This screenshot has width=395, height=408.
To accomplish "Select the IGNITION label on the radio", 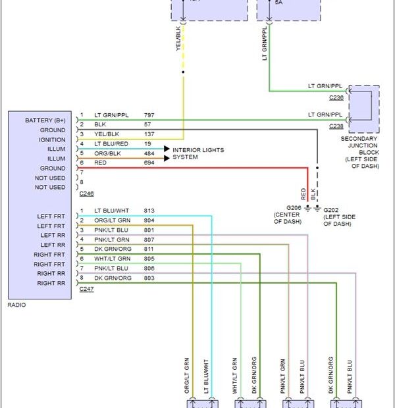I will (x=52, y=140).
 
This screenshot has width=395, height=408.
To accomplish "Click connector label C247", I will (x=86, y=289).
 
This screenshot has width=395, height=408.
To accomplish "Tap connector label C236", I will (x=337, y=97).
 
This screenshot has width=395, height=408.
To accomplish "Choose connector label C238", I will (x=337, y=125).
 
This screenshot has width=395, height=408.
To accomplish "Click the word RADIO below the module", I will (x=18, y=305).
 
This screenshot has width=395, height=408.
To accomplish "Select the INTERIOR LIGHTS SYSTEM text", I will (x=198, y=154).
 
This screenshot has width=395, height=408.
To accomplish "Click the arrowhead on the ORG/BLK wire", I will (x=167, y=158).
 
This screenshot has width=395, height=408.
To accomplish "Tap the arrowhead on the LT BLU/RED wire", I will (x=167, y=149).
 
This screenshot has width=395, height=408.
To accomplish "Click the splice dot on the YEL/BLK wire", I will (x=183, y=72).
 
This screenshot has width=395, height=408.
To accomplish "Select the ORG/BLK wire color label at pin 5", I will (x=109, y=153).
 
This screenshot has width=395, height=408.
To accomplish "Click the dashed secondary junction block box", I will (x=363, y=109).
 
